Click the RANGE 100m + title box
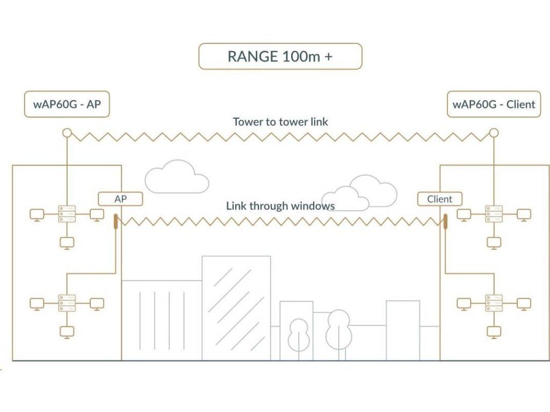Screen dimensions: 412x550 click(x=280, y=56)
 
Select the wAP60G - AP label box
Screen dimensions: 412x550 click(x=67, y=104)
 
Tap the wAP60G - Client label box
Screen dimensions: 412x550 click(x=494, y=104)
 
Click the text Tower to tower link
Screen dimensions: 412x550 click(x=280, y=122)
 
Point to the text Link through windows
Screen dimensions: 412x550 click(x=280, y=205)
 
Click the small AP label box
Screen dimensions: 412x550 click(x=120, y=199)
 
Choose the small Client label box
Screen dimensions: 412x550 click(x=439, y=199)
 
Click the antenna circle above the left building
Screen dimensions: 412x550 click(x=67, y=133)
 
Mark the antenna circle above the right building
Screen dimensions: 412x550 click(x=494, y=133)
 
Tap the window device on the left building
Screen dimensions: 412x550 click(x=116, y=220)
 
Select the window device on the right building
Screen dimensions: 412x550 click(x=445, y=220)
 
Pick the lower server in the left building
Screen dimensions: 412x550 click(x=67, y=303)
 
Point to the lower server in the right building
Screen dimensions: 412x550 click(x=494, y=303)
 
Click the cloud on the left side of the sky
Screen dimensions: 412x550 click(x=176, y=178)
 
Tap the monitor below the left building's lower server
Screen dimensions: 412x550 click(x=67, y=332)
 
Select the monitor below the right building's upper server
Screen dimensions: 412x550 click(x=494, y=242)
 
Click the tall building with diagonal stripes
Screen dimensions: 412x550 click(x=236, y=308)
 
